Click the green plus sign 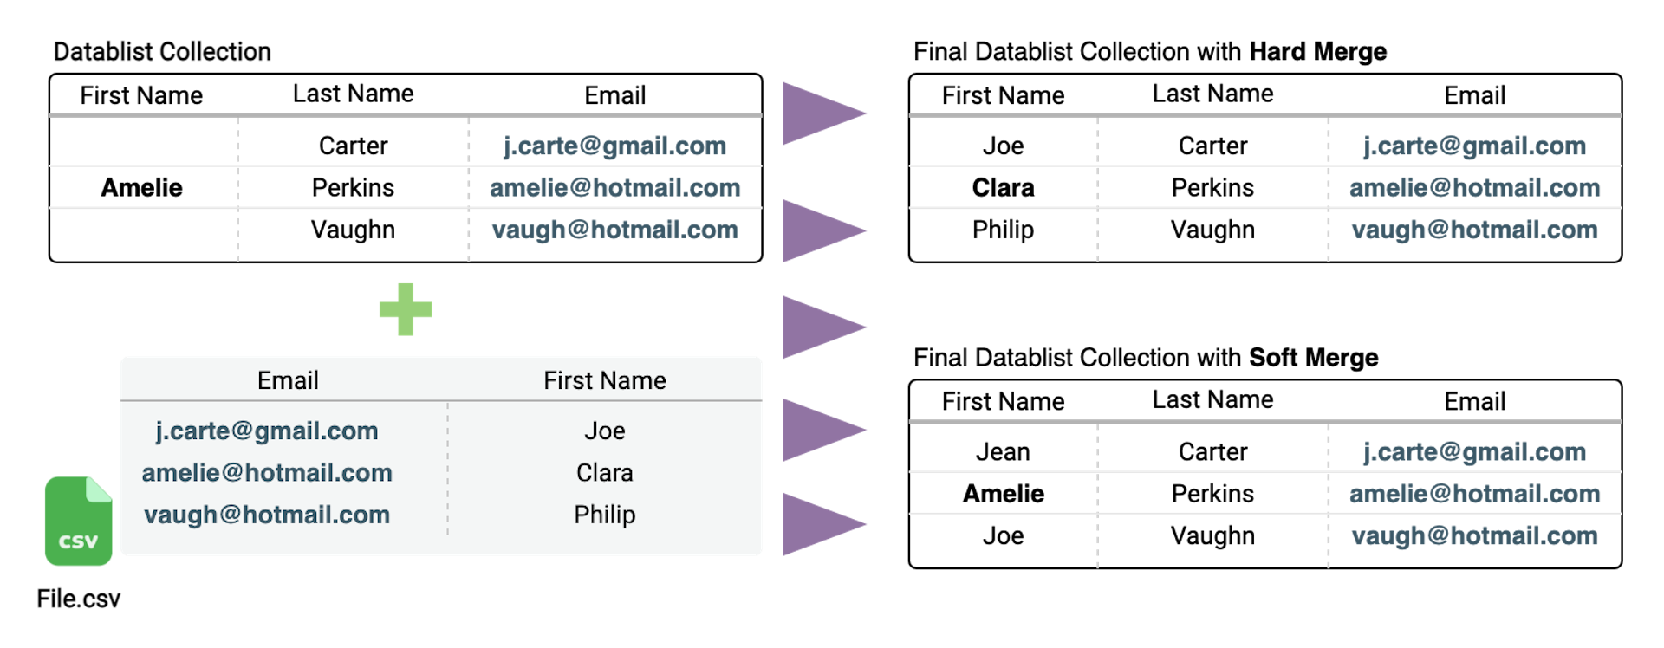click(x=406, y=309)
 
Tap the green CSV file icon click(x=78, y=521)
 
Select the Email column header click(x=288, y=380)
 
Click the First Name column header click(x=604, y=380)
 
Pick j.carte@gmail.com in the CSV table click(x=267, y=431)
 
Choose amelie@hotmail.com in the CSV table click(x=267, y=472)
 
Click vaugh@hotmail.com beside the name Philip click(x=267, y=515)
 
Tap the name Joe click(x=604, y=431)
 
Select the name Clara click(x=604, y=472)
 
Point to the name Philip click(x=604, y=515)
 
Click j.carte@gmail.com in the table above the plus click(x=614, y=146)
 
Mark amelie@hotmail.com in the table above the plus click(x=614, y=187)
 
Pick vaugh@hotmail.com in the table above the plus click(x=614, y=230)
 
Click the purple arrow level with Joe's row click(x=819, y=430)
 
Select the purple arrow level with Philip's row click(x=819, y=524)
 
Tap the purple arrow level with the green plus click(x=819, y=327)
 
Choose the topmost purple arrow click(x=819, y=113)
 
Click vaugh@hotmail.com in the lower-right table click(x=1474, y=535)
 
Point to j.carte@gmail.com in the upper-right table click(x=1474, y=146)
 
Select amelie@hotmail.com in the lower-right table click(x=1474, y=493)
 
